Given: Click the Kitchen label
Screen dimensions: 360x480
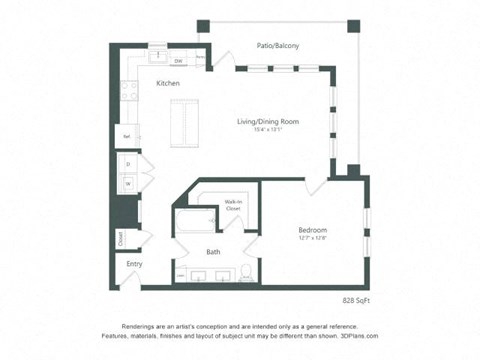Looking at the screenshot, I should [168, 83].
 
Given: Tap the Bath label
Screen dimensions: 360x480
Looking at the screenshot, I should [214, 251].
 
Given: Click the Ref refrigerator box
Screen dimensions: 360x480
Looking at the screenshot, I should [127, 136].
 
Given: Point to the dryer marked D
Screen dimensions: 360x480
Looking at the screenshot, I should [127, 163].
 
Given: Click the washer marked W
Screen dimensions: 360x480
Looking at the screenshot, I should [127, 183].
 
